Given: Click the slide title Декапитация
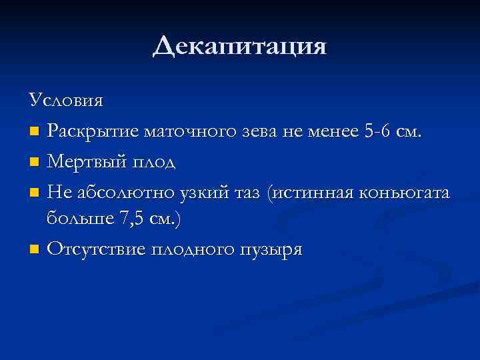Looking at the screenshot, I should click(239, 47).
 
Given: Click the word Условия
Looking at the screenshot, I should click(66, 101).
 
